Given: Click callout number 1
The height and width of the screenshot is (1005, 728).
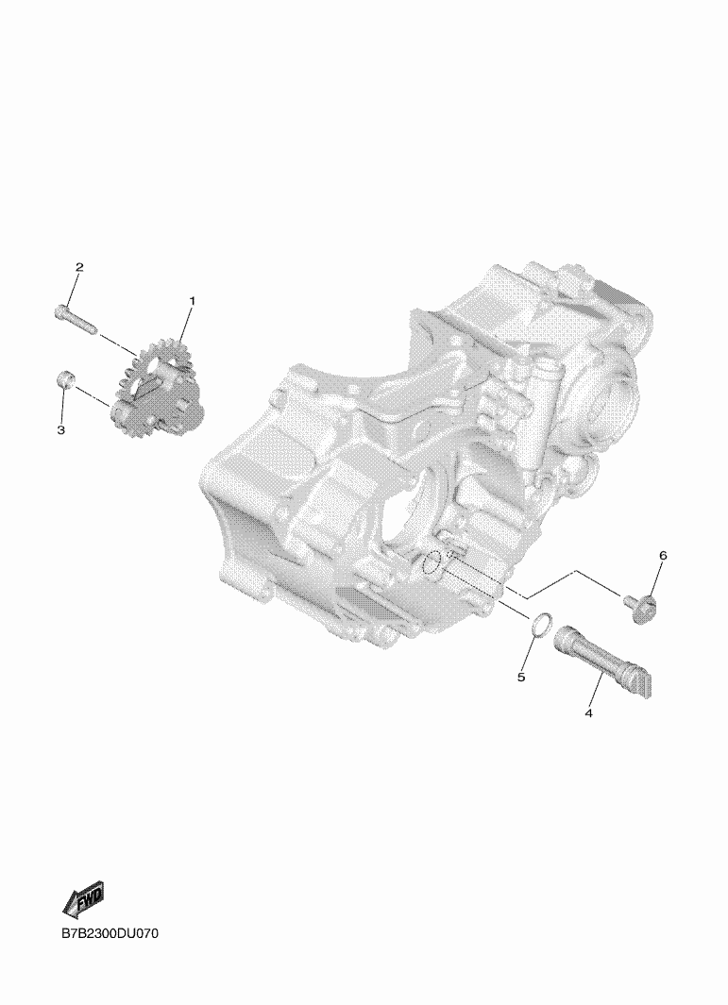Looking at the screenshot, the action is coord(191,301).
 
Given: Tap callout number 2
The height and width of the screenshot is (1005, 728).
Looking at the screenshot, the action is coord(79,267).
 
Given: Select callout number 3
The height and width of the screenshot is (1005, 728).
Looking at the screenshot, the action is coord(61,430).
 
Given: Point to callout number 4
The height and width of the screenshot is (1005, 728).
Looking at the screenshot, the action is coord(588,712).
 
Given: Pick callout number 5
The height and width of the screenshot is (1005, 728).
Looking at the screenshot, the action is coord(521,677).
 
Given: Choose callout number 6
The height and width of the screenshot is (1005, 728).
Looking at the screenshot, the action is coord(663,555).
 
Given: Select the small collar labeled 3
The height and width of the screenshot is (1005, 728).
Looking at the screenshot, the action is coord(64,378).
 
